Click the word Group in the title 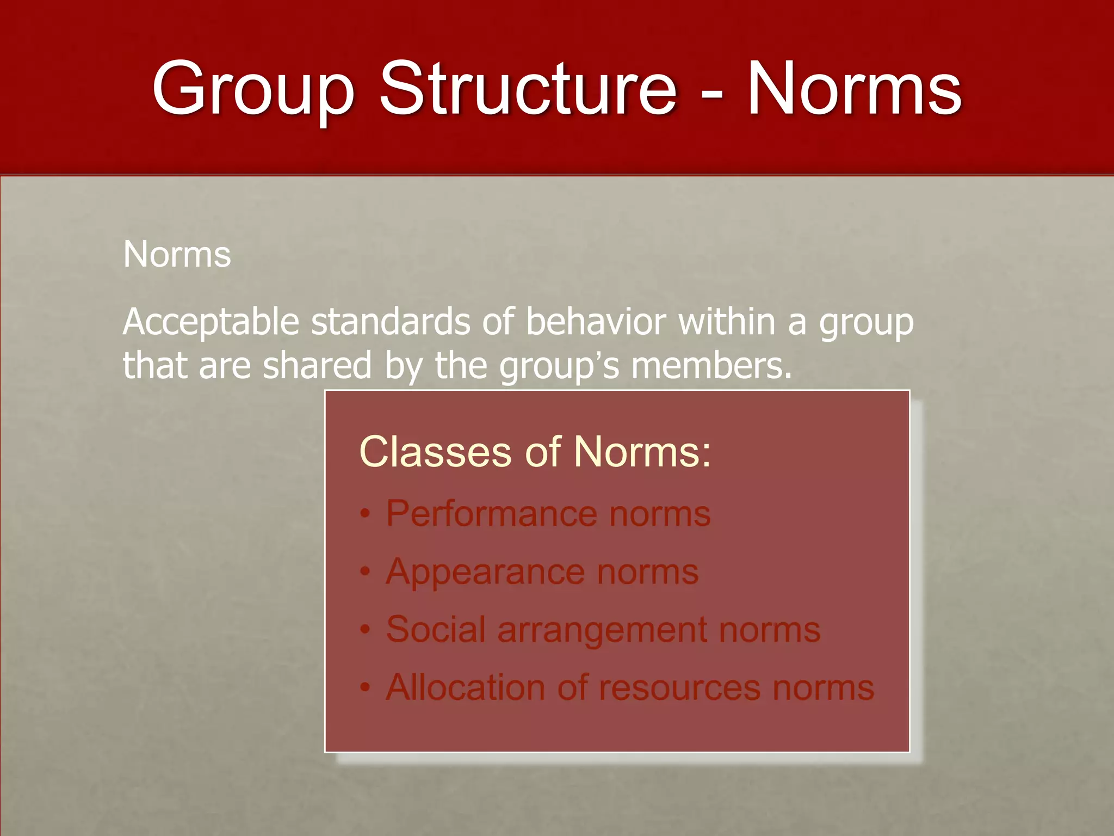coord(252,90)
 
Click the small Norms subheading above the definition coord(177,254)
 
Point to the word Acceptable coord(211,323)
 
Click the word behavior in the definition coord(595,322)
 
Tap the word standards coord(390,322)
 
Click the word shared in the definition coord(317,365)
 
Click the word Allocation coord(465,687)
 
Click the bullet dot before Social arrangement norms coord(366,630)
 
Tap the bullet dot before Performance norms coord(366,514)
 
